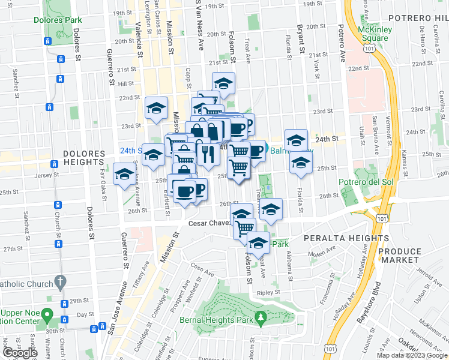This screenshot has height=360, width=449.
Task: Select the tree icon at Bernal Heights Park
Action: click(x=261, y=319)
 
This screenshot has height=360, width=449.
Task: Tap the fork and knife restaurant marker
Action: click(x=208, y=154)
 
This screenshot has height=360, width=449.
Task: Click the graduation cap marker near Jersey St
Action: click(x=124, y=174)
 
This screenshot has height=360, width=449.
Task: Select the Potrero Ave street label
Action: click(x=342, y=37)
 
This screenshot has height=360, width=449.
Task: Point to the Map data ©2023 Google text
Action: click(x=412, y=355)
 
